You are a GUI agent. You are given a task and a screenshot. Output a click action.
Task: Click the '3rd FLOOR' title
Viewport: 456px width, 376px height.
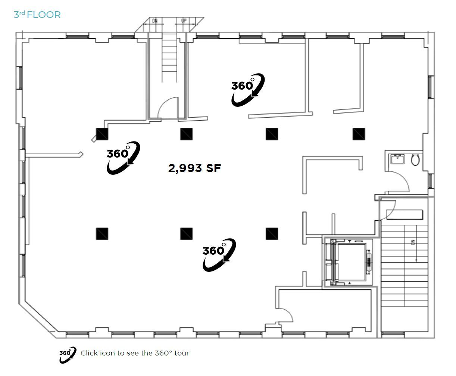pyautogui.click(x=37, y=15)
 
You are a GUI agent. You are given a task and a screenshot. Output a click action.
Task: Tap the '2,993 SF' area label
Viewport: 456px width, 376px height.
pyautogui.click(x=194, y=168)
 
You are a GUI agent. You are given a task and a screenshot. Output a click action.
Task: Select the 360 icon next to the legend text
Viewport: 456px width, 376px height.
pyautogui.click(x=67, y=354)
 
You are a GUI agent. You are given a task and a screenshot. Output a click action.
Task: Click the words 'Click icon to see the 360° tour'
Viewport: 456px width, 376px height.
pyautogui.click(x=135, y=353)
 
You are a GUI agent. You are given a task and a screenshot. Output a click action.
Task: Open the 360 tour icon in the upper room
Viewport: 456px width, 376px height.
pyautogui.click(x=247, y=90)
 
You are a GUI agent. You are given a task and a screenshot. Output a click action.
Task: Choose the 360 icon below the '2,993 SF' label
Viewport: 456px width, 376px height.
pyautogui.click(x=219, y=255)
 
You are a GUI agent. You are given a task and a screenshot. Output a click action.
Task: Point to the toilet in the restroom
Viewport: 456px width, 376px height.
pyautogui.click(x=415, y=160)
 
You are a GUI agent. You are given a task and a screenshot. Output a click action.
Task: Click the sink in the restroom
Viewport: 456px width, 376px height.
pyautogui.click(x=397, y=159)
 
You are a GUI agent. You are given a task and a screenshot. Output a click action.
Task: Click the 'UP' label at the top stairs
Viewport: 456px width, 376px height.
pyautogui.click(x=184, y=21)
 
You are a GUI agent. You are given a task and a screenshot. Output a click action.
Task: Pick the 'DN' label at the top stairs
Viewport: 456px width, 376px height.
pyautogui.click(x=155, y=21)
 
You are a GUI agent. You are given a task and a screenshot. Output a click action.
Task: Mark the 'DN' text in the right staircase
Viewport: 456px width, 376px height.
pyautogui.click(x=413, y=242)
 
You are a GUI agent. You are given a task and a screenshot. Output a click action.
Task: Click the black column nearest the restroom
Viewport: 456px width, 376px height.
pyautogui.click(x=359, y=134)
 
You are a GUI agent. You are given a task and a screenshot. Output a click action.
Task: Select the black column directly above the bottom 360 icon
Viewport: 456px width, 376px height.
pyautogui.click(x=187, y=234)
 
